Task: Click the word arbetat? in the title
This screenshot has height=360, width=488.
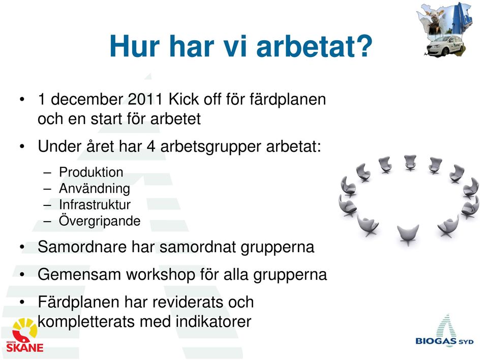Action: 314,46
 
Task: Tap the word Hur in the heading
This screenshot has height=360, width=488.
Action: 135,46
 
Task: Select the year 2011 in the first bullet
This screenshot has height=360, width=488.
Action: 145,99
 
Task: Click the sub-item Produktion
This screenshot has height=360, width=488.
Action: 91,172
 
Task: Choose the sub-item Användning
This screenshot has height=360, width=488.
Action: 95,189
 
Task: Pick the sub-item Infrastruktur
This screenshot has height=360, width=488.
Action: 95,205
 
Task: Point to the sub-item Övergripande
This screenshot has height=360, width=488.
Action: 100,221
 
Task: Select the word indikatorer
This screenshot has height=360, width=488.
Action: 213,322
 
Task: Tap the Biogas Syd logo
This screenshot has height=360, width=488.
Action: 445,331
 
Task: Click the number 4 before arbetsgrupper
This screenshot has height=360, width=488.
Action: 151,146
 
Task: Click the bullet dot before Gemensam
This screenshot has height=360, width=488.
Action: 22,275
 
